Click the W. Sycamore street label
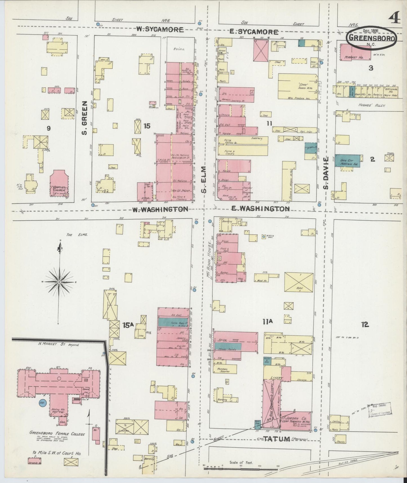coord(160,29)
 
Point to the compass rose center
coord(59,282)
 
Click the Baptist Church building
coord(59,185)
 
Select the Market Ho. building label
coord(354,57)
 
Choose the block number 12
coord(365,325)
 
